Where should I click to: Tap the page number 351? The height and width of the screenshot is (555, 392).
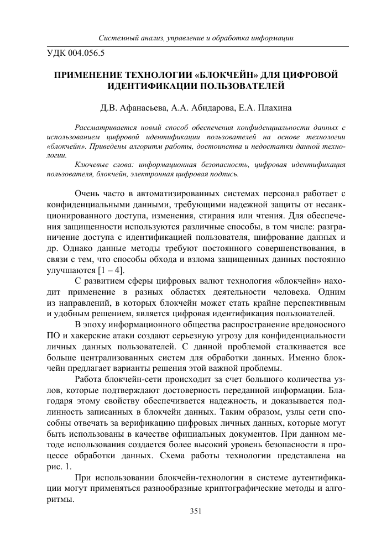(196, 511)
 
